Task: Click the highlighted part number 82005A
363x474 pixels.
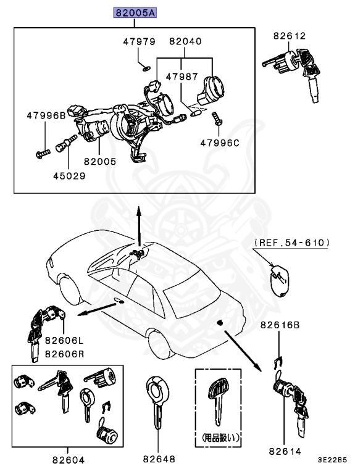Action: (134, 13)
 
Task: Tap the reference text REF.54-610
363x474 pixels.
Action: (291, 244)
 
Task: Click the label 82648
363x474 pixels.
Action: (159, 460)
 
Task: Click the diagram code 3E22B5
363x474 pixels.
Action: (333, 460)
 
